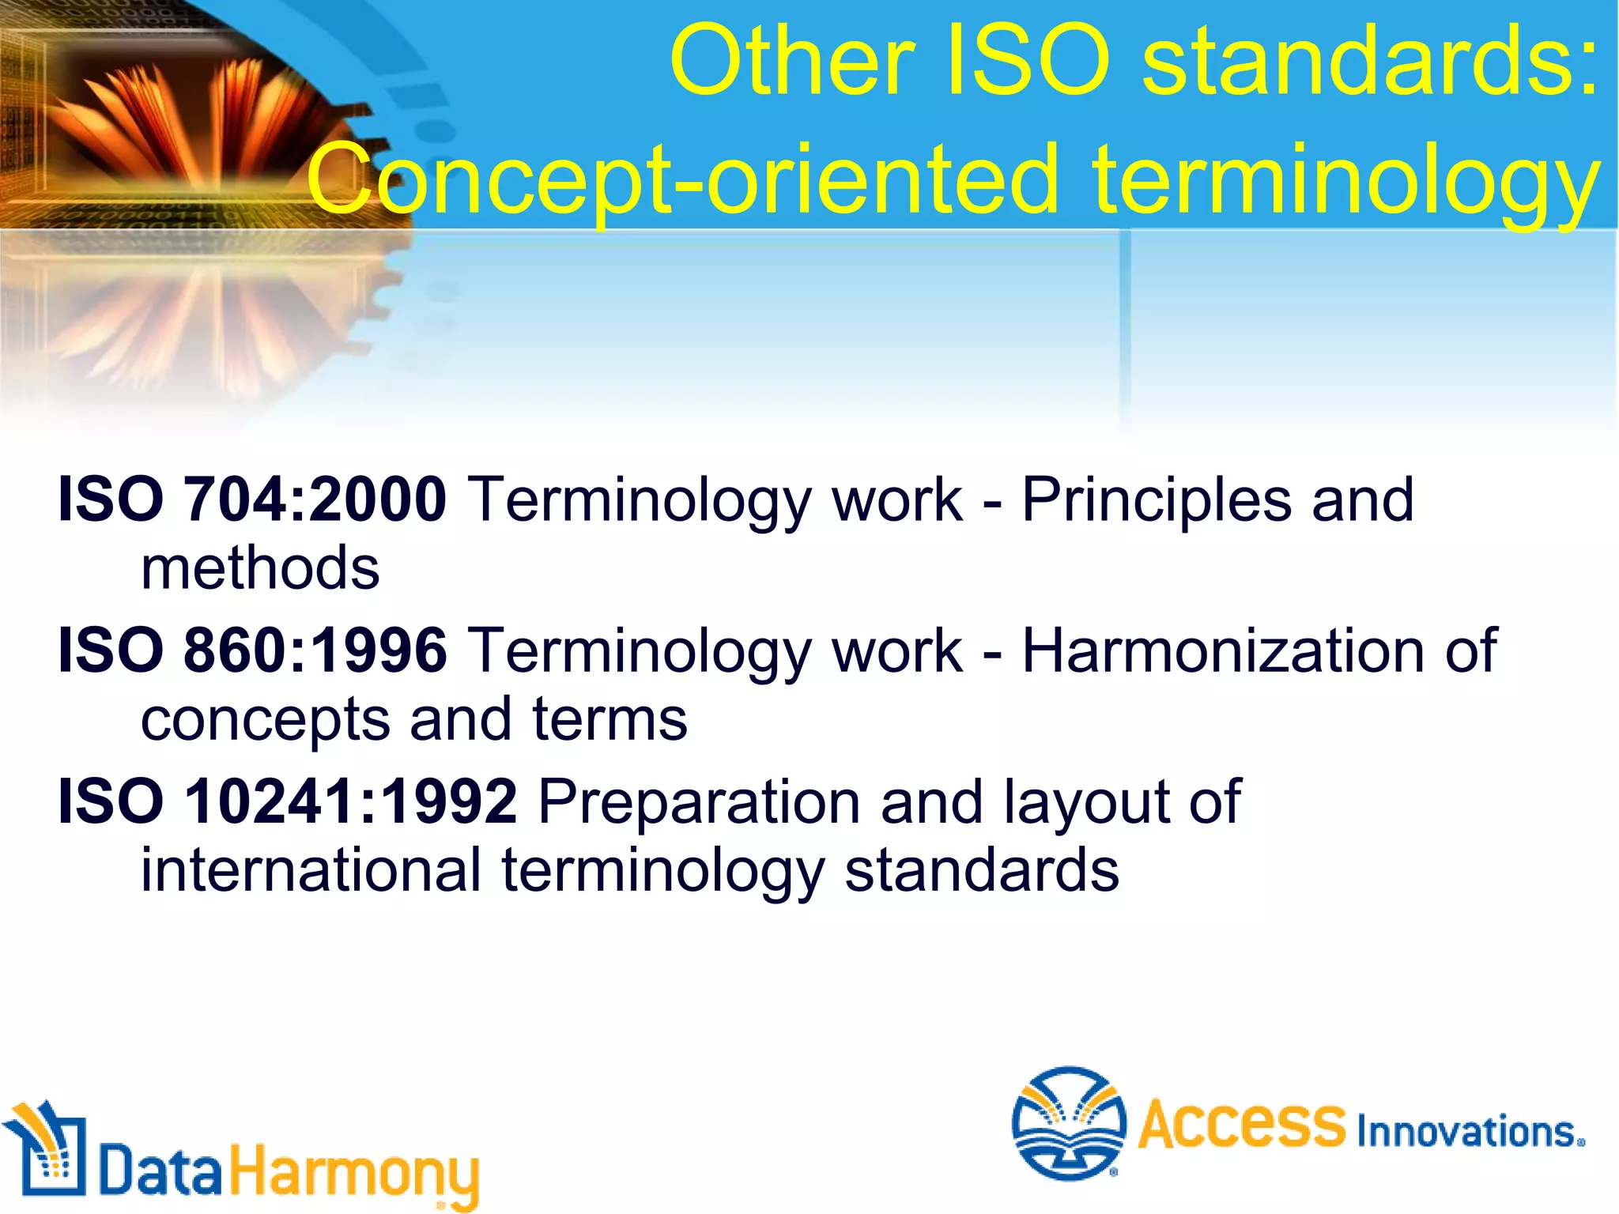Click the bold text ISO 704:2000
pyautogui.click(x=251, y=500)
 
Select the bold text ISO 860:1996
pyautogui.click(x=251, y=650)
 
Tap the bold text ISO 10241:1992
pyautogui.click(x=287, y=801)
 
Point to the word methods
pyautogui.click(x=260, y=568)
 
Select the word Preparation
pyautogui.click(x=699, y=803)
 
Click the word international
pyautogui.click(x=311, y=871)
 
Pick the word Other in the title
pyautogui.click(x=791, y=62)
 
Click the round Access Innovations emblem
pyautogui.click(x=1069, y=1123)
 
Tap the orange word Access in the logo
pyautogui.click(x=1241, y=1123)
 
